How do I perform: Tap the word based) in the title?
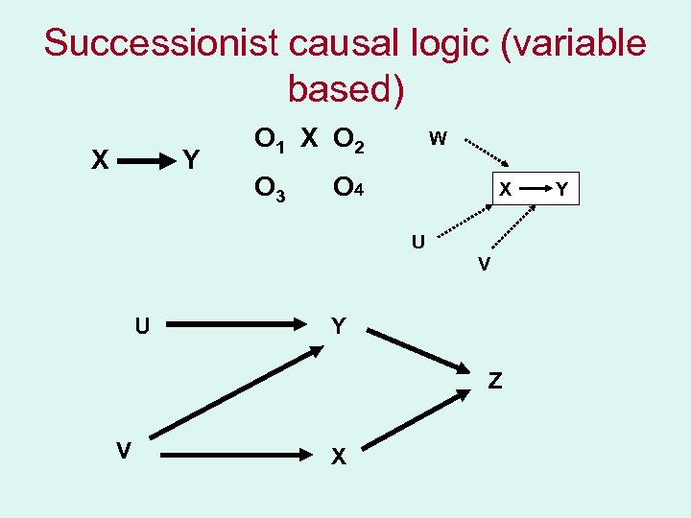click(x=346, y=88)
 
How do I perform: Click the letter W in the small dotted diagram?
click(x=437, y=139)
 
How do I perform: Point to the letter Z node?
click(x=494, y=381)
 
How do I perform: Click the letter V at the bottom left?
click(x=123, y=448)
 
